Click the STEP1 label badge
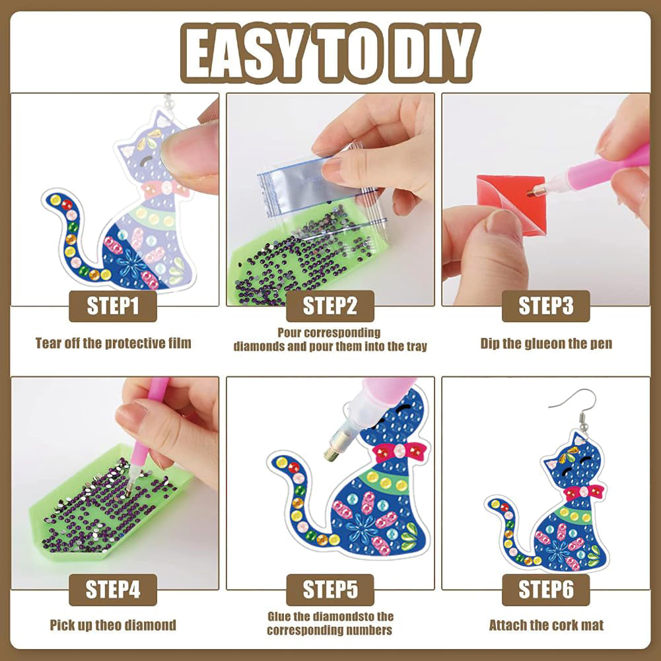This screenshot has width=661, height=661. (x=113, y=306)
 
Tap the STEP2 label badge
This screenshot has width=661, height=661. (x=330, y=306)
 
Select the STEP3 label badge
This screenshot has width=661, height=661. (x=546, y=306)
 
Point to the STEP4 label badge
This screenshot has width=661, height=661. (x=113, y=589)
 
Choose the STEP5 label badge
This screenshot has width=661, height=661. (x=330, y=589)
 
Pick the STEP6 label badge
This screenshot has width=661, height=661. (x=546, y=589)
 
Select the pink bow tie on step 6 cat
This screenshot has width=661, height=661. (x=584, y=492)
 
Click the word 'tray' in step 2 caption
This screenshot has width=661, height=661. (x=417, y=347)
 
